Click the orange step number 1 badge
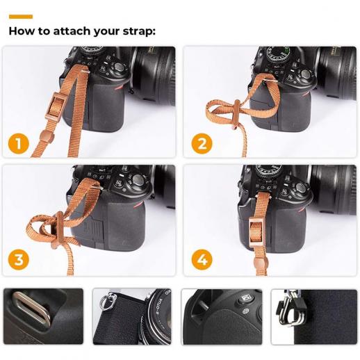point(19,144)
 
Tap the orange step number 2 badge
point(202,144)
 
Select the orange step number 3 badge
point(19,260)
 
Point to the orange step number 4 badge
point(202,260)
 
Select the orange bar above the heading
point(21,17)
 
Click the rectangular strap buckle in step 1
point(55,106)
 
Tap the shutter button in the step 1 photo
point(120,67)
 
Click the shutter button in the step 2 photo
point(306,74)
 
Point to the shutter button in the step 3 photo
point(138,179)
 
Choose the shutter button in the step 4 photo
point(300,187)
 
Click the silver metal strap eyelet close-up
point(32,308)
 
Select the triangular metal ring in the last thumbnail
point(290,311)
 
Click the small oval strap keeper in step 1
point(47,136)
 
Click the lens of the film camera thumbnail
point(160,318)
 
